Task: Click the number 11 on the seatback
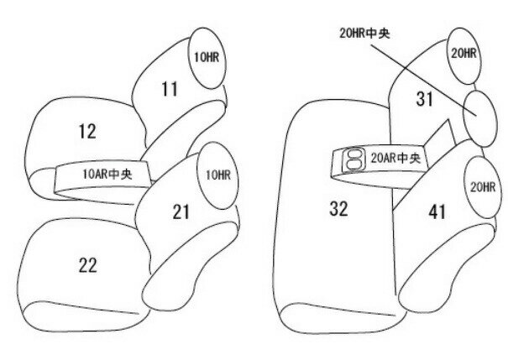click(170, 88)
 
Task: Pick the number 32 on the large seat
click(338, 208)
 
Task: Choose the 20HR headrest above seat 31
click(463, 52)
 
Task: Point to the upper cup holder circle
click(354, 154)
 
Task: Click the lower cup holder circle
click(353, 164)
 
